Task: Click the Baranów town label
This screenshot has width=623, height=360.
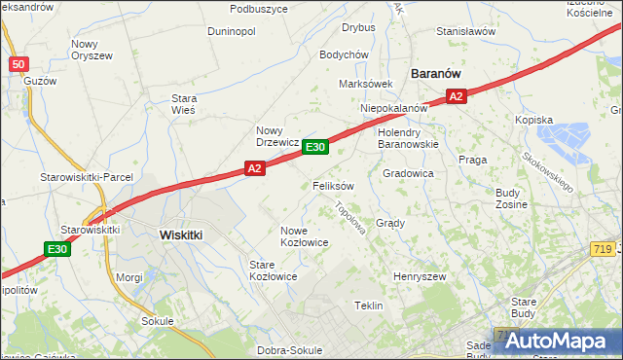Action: coord(435,73)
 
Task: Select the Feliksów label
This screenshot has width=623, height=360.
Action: coord(333,185)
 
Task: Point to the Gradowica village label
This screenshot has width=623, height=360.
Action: coord(408,173)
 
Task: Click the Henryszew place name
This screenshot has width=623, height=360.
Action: coord(419,277)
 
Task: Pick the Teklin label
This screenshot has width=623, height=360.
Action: coord(369,306)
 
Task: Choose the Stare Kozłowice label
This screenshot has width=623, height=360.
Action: coord(273,270)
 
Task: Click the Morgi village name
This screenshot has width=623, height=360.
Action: coord(128,277)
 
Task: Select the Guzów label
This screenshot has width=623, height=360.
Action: coord(40,81)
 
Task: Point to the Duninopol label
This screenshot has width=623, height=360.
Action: coord(232,31)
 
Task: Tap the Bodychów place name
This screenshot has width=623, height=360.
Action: coord(343,55)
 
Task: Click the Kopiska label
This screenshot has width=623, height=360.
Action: coord(534,120)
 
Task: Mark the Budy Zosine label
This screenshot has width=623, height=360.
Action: coord(511,198)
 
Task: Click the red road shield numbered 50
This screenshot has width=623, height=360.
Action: coord(18,64)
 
